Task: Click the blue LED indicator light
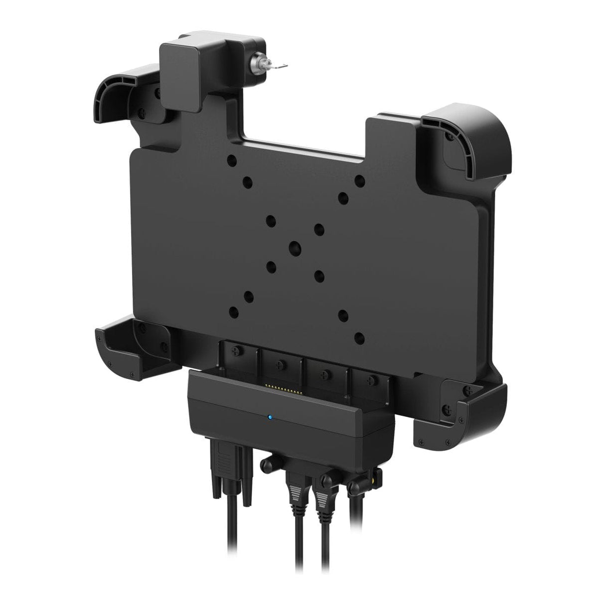269,418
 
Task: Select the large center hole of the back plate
295,246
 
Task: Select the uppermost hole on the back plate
231,161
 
